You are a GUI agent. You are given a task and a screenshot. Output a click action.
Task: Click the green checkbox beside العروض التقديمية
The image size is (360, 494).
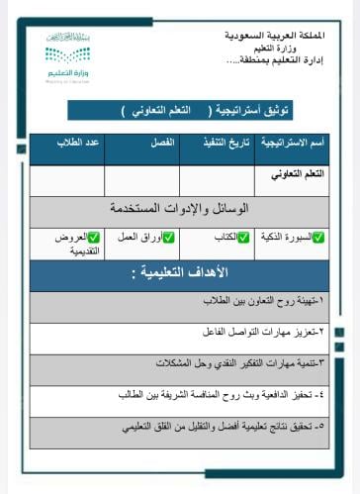pyautogui.click(x=94, y=238)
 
